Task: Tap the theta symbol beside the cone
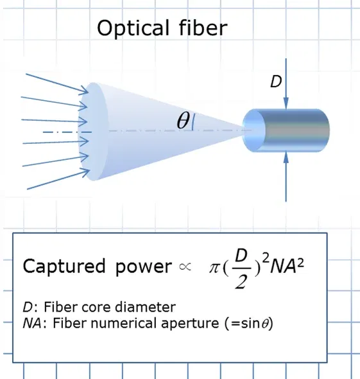[183, 121]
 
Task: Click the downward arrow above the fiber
[287, 90]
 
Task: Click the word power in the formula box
[142, 267]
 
